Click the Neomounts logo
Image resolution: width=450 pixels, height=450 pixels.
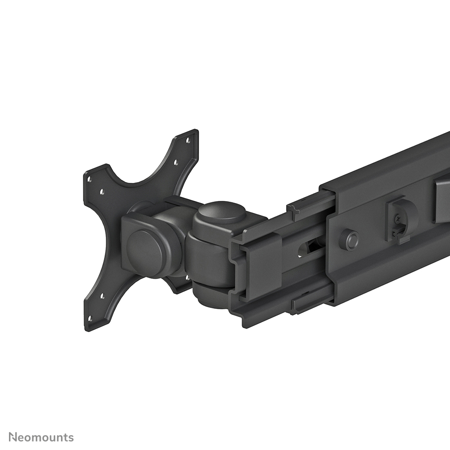41,437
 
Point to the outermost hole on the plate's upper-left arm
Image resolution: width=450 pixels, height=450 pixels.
89,179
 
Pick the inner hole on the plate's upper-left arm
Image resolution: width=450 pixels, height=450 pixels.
102,192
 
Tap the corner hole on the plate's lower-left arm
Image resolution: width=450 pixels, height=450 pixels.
90,319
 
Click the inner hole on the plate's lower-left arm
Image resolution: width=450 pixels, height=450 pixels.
102,296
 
